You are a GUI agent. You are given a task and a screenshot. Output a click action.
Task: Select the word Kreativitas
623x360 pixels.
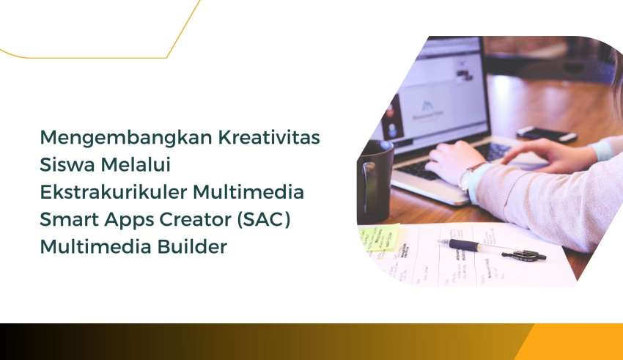(270, 137)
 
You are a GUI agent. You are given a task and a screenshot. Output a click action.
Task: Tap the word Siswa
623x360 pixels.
(67, 164)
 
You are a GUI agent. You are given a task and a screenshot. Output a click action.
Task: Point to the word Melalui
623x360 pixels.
(136, 164)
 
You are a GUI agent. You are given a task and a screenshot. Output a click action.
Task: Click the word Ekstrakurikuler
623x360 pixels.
(114, 192)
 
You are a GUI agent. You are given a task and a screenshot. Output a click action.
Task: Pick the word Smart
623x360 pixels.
(69, 219)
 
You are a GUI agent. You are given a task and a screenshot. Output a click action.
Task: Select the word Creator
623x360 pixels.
(196, 219)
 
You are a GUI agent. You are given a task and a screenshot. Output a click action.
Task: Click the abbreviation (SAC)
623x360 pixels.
(264, 220)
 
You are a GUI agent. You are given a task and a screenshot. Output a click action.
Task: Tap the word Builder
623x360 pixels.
(192, 246)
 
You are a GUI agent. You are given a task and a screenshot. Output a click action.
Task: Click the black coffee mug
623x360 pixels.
(375, 181)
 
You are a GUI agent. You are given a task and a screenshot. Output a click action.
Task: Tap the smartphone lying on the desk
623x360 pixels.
(547, 134)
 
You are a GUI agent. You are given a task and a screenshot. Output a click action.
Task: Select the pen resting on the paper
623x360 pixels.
(492, 250)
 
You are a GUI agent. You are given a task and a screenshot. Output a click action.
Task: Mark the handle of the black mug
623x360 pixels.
(368, 185)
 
